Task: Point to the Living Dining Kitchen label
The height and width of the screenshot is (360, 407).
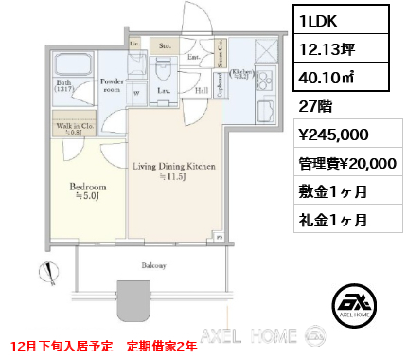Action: point(174,171)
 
